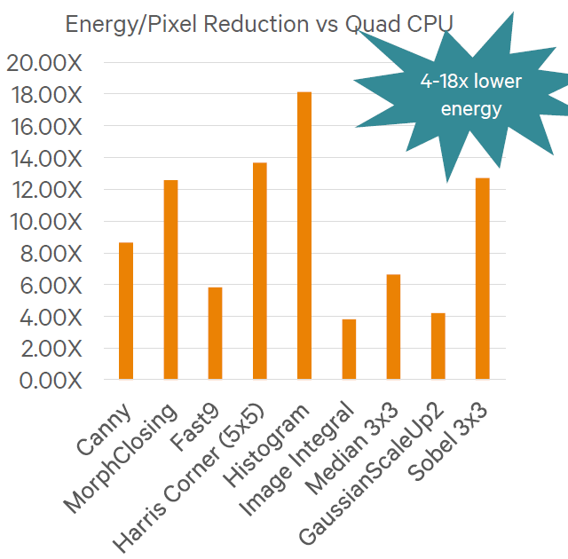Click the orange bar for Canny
126,311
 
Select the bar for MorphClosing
170,279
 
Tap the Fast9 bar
215,334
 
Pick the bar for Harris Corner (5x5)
259,272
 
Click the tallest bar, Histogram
304,236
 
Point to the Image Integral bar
349,350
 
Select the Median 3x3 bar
393,327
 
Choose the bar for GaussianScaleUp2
438,346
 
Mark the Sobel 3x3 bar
482,279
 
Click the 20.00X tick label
43,63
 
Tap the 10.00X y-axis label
43,222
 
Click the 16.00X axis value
43,127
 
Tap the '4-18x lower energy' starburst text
471,96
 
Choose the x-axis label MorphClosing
120,461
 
